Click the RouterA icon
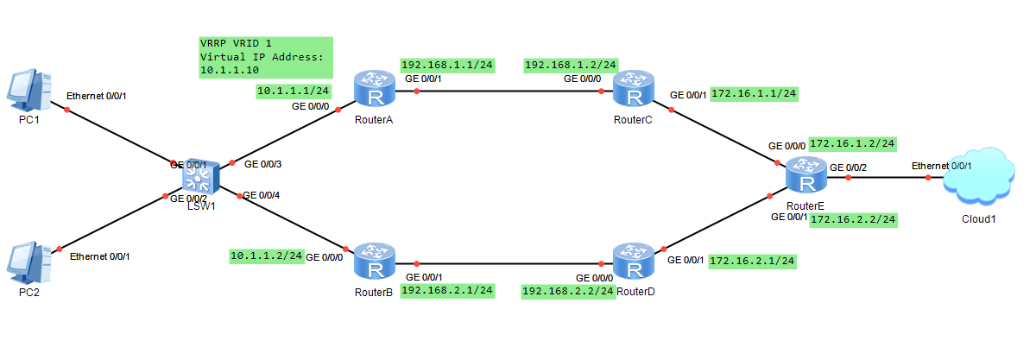tap(374, 91)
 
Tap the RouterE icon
tap(806, 177)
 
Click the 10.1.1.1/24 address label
tap(294, 90)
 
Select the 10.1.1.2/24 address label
tap(267, 256)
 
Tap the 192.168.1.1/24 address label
tap(447, 65)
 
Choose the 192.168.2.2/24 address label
tap(568, 292)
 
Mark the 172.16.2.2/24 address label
tap(853, 220)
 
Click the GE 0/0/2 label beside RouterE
tap(848, 167)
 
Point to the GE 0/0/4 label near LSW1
tap(262, 195)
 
